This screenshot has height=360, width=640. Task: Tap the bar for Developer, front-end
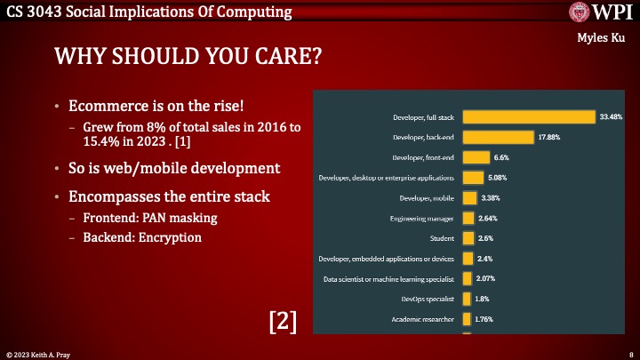click(476, 157)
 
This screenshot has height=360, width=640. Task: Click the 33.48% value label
click(611, 116)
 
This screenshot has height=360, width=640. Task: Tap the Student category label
click(441, 238)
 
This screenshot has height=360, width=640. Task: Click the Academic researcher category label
click(423, 319)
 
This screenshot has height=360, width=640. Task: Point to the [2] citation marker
click(283, 321)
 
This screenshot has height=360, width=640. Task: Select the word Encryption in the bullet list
click(171, 238)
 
